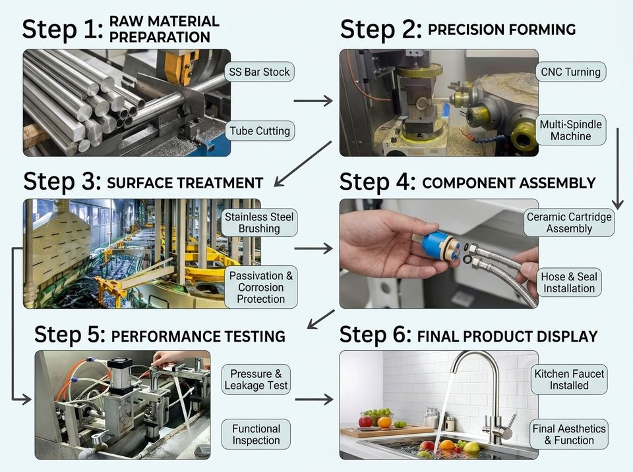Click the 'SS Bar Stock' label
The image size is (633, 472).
(x=259, y=72)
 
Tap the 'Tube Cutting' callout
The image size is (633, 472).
(x=260, y=130)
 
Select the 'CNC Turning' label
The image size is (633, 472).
(x=571, y=72)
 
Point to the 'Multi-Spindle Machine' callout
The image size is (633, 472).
(x=571, y=130)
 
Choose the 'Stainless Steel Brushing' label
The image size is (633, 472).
(x=259, y=223)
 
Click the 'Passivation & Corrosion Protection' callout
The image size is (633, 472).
(x=261, y=287)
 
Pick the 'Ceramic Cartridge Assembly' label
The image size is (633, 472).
(x=569, y=223)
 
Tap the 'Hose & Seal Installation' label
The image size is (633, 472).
(x=569, y=282)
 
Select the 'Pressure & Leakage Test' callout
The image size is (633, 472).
(x=256, y=379)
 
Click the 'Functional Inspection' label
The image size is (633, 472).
(x=256, y=434)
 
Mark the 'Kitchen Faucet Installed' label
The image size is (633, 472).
(x=569, y=379)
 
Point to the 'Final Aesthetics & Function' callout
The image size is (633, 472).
(x=569, y=434)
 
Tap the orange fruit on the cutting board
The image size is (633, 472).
(x=384, y=422)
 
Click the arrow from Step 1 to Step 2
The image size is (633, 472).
(x=313, y=101)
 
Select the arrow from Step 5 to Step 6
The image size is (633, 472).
(x=314, y=400)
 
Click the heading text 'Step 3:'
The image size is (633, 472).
(x=62, y=182)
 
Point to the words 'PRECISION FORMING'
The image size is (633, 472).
(x=502, y=30)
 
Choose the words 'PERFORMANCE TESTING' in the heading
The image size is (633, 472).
(x=198, y=336)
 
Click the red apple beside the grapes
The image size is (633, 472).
(x=365, y=421)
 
